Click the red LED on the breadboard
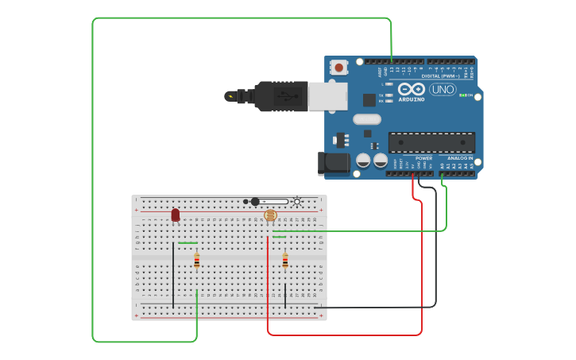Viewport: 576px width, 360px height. click(x=176, y=215)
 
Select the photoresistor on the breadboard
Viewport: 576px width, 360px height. click(x=270, y=215)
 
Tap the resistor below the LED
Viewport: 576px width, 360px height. click(x=197, y=261)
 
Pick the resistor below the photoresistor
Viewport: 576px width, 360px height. click(x=285, y=261)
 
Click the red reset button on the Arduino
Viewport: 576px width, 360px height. click(x=339, y=68)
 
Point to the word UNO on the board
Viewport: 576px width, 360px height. click(x=443, y=90)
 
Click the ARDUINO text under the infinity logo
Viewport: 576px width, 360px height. click(x=412, y=99)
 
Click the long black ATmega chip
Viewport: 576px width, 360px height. click(x=431, y=142)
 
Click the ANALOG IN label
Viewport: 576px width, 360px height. click(x=459, y=158)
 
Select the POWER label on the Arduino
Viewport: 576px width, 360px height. click(x=423, y=158)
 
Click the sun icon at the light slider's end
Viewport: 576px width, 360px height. click(x=297, y=201)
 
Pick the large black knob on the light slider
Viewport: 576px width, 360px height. click(x=255, y=201)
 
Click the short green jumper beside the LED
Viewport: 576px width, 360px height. click(x=188, y=243)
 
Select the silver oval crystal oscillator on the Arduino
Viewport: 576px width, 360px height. click(x=367, y=119)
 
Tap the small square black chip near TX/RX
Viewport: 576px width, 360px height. click(x=369, y=99)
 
